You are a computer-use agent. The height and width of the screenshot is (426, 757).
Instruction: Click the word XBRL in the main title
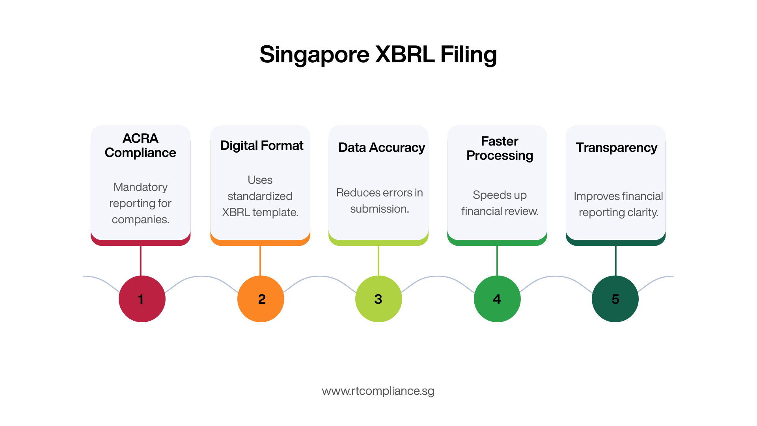click(405, 54)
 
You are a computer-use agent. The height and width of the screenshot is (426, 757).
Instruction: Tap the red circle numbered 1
click(142, 299)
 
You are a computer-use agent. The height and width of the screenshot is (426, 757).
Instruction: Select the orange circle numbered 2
click(261, 299)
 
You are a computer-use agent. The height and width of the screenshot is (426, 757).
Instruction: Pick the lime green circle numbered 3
click(378, 299)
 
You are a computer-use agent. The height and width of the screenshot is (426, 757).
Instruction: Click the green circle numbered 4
click(497, 299)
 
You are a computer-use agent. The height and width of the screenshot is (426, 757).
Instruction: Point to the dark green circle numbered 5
click(615, 299)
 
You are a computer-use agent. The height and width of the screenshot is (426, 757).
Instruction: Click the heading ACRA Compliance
click(140, 145)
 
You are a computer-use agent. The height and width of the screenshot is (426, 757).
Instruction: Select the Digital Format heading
click(261, 146)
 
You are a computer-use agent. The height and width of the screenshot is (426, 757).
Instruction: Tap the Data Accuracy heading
click(381, 148)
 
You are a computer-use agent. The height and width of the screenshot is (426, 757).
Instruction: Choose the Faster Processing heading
click(500, 148)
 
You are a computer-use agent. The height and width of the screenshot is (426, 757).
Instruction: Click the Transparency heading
click(616, 148)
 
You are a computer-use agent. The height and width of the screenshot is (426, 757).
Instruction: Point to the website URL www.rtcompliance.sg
click(378, 391)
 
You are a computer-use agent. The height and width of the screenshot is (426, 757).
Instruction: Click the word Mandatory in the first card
click(140, 187)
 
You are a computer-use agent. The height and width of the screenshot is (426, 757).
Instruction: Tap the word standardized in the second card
click(260, 196)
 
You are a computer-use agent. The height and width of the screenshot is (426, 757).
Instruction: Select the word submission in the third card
click(379, 209)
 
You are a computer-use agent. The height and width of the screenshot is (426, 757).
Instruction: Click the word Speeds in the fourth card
click(492, 195)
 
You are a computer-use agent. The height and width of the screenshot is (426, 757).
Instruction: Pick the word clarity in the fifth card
click(642, 212)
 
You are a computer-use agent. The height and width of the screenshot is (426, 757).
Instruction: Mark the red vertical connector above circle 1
click(141, 260)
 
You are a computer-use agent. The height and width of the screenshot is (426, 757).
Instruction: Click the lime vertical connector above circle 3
click(378, 260)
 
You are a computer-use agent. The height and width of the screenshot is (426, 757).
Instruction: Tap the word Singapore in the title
click(314, 54)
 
